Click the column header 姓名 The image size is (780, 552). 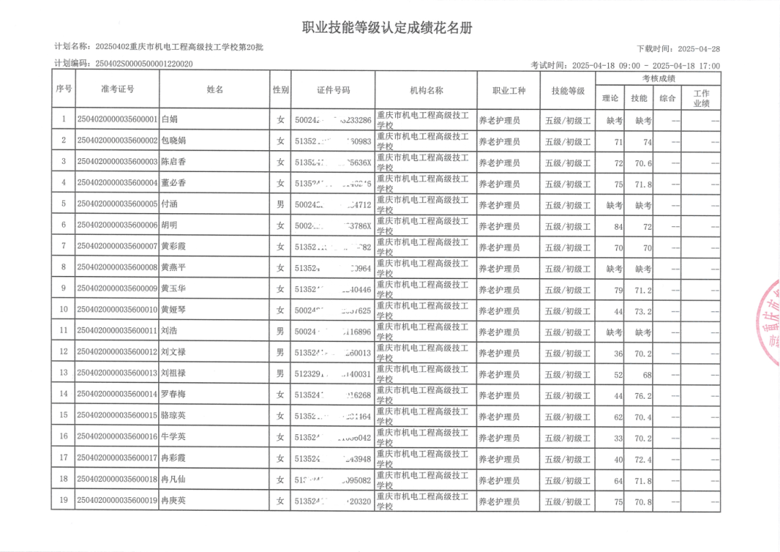[x=214, y=90]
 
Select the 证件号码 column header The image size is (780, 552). [x=333, y=90]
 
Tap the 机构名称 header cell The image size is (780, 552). [x=426, y=90]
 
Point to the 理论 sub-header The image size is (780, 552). [x=610, y=98]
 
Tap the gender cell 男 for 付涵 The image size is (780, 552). [x=280, y=204]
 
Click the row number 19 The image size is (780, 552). [x=64, y=501]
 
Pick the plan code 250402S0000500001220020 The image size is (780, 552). [x=144, y=64]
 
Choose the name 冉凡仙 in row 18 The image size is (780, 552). [x=173, y=480]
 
